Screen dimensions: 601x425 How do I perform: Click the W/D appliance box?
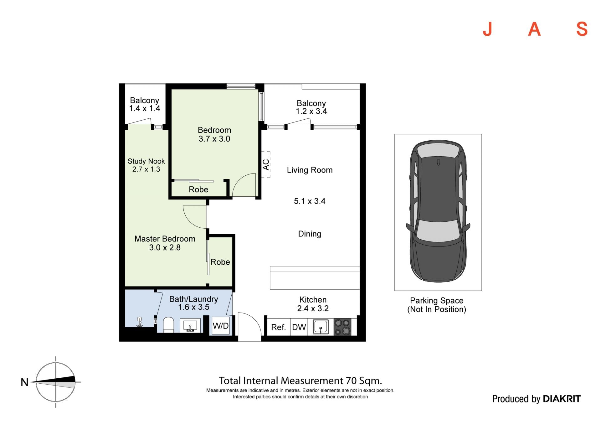click(x=221, y=326)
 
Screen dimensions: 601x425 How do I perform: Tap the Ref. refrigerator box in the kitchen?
click(x=279, y=327)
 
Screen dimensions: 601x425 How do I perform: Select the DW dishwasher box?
click(x=299, y=327)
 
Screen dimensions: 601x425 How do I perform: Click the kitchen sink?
click(x=321, y=327)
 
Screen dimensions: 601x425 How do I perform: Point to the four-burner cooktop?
click(x=342, y=327)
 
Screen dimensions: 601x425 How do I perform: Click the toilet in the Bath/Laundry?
click(x=168, y=324)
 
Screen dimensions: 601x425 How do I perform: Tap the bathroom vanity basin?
click(x=190, y=325)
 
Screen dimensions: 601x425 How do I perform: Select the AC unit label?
click(x=266, y=165)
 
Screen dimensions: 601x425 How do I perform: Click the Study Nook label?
click(x=146, y=161)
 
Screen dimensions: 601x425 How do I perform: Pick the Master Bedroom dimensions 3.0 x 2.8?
click(x=165, y=247)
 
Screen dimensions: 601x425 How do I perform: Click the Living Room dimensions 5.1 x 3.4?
click(x=310, y=201)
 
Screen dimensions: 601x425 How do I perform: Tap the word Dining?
click(x=310, y=234)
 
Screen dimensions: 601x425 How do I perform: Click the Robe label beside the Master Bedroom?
click(x=220, y=262)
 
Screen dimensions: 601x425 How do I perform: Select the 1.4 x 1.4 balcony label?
click(x=145, y=108)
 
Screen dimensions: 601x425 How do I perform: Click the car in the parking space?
click(x=438, y=211)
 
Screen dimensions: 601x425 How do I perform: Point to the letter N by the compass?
click(x=24, y=382)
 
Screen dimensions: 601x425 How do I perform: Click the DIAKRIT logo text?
click(x=562, y=399)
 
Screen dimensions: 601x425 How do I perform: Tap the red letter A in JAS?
click(x=534, y=29)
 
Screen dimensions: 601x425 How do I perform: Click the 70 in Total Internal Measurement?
click(x=351, y=381)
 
